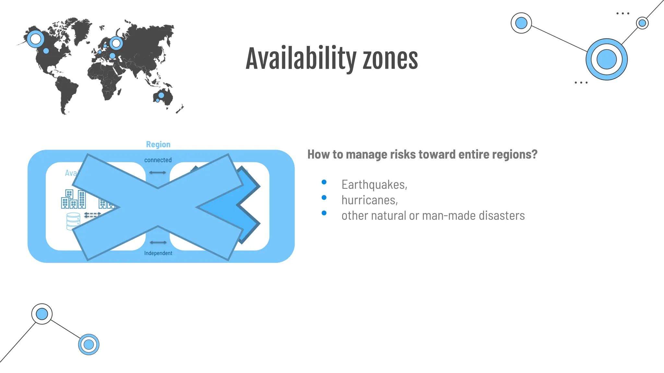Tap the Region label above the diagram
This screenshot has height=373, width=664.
pyautogui.click(x=158, y=144)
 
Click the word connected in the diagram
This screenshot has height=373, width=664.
pyautogui.click(x=158, y=160)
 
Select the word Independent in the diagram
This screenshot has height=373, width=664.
pyautogui.click(x=158, y=253)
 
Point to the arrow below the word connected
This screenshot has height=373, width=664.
pyautogui.click(x=158, y=173)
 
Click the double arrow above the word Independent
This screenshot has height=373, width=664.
pyautogui.click(x=158, y=242)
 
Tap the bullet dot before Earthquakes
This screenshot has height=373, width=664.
pyautogui.click(x=324, y=182)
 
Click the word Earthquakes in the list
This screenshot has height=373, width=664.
pyautogui.click(x=374, y=185)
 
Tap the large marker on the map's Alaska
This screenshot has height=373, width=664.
pyautogui.click(x=35, y=39)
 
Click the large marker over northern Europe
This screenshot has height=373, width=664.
pyautogui.click(x=116, y=43)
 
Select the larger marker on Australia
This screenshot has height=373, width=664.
pyautogui.click(x=161, y=96)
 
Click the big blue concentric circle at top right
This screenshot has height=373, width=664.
pyautogui.click(x=606, y=59)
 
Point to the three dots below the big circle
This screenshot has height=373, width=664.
pyautogui.click(x=581, y=83)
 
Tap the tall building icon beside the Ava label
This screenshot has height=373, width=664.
pyautogui.click(x=82, y=199)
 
